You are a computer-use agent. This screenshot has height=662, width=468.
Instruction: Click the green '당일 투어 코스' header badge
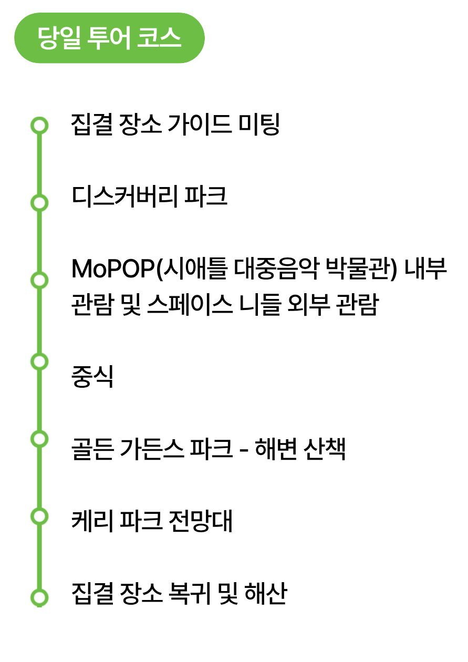coord(109,38)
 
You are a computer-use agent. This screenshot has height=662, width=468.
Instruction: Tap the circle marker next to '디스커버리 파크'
coord(39,202)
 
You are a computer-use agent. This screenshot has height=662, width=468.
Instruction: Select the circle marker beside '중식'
coord(39,361)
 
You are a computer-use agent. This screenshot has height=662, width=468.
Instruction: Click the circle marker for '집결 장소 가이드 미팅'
coord(39,126)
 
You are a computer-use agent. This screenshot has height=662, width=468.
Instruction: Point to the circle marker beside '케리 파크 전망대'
coord(39,516)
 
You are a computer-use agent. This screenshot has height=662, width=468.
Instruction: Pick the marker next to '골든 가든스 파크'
coord(39,438)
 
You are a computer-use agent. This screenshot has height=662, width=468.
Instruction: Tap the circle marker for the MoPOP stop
coord(39,280)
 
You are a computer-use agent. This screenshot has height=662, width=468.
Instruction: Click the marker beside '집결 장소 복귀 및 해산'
coord(39,597)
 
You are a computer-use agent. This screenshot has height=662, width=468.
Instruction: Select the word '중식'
coord(92,377)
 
